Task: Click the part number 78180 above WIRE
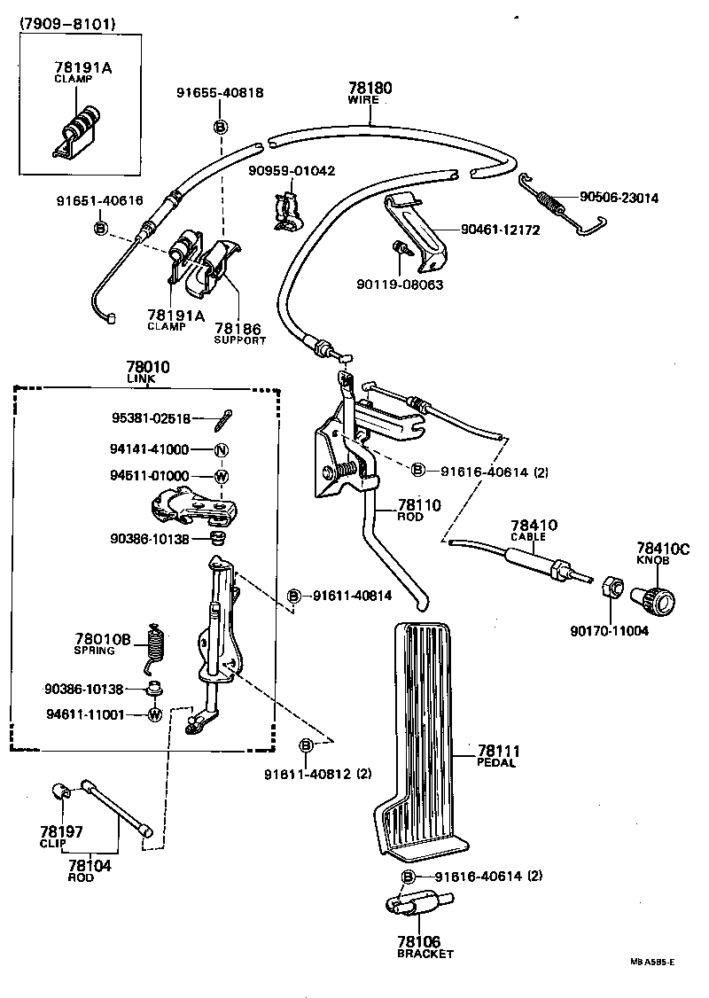point(370,87)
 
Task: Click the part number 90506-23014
point(619,199)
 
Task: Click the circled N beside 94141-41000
point(222,449)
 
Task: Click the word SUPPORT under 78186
point(239,340)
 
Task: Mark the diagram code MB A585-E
point(652,962)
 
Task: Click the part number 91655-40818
point(219,92)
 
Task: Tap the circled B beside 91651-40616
point(100,229)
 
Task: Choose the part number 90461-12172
point(500,230)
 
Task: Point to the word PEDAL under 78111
point(496,762)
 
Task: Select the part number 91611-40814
point(352,596)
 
